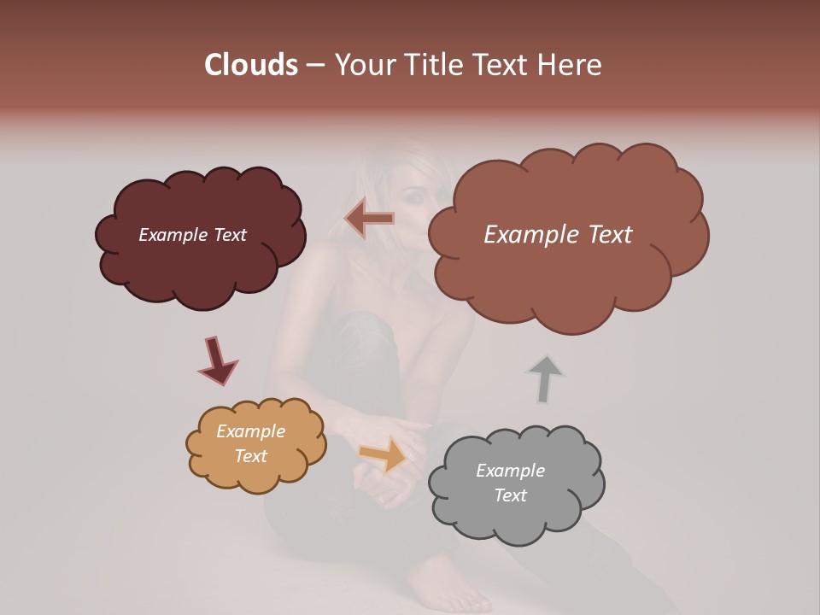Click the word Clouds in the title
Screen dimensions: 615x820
point(251,65)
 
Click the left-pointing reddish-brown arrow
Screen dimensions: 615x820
point(370,219)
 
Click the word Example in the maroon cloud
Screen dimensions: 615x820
point(173,235)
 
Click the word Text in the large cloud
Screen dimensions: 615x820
point(604,235)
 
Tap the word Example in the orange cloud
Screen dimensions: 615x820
point(250,431)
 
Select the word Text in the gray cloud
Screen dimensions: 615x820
point(510,495)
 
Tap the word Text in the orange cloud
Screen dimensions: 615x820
point(250,456)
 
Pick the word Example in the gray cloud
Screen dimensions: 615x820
point(510,471)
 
